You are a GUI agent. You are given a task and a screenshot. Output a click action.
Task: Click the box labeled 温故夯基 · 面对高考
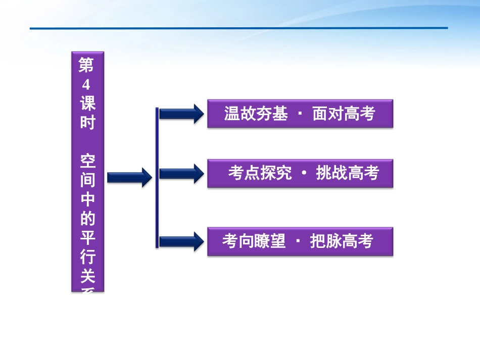pyautogui.click(x=300, y=114)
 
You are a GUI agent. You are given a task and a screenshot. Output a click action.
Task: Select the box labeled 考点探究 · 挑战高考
pyautogui.click(x=300, y=174)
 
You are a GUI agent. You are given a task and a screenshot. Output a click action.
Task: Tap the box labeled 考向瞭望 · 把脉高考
pyautogui.click(x=300, y=242)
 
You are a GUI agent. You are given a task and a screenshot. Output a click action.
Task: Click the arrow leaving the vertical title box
pyautogui.click(x=129, y=177)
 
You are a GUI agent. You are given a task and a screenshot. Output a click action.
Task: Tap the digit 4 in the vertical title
pyautogui.click(x=87, y=85)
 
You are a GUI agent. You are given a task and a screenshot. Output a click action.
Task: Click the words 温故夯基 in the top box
pyautogui.click(x=256, y=114)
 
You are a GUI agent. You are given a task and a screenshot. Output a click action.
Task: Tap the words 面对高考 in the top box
pyautogui.click(x=344, y=114)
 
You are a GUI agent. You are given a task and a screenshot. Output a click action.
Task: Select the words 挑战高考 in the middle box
pyautogui.click(x=347, y=174)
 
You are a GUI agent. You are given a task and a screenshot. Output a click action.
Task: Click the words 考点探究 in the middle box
pyautogui.click(x=260, y=174)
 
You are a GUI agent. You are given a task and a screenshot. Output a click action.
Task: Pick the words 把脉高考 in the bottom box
pyautogui.click(x=341, y=242)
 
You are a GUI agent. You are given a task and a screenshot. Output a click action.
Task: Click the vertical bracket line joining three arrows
pyautogui.click(x=157, y=177)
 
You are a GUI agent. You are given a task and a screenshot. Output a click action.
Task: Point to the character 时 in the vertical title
pyautogui.click(x=87, y=122)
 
